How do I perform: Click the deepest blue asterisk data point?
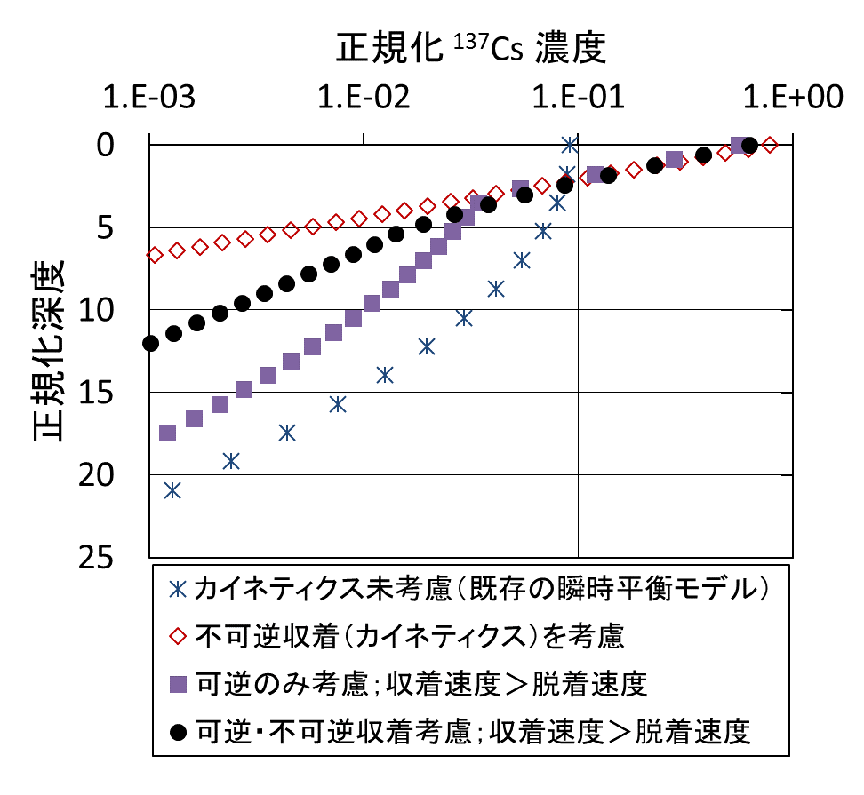coord(172,490)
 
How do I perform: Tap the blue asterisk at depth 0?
coord(570,144)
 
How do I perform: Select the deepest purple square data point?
coord(167,433)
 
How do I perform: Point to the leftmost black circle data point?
coord(150,343)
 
